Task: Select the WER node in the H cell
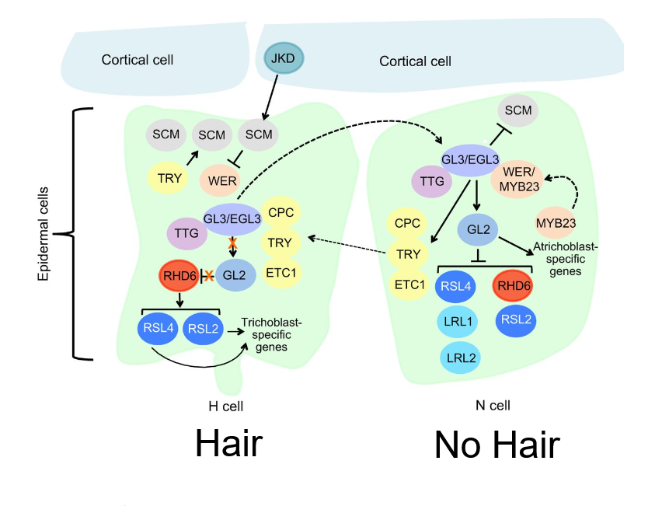pos(223,180)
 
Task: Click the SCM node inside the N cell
pos(518,110)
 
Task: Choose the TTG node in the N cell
pos(431,181)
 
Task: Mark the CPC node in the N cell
pos(407,224)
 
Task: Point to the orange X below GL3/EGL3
pos(232,244)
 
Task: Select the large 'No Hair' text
pos(496,445)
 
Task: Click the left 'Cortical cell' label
pos(138,60)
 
